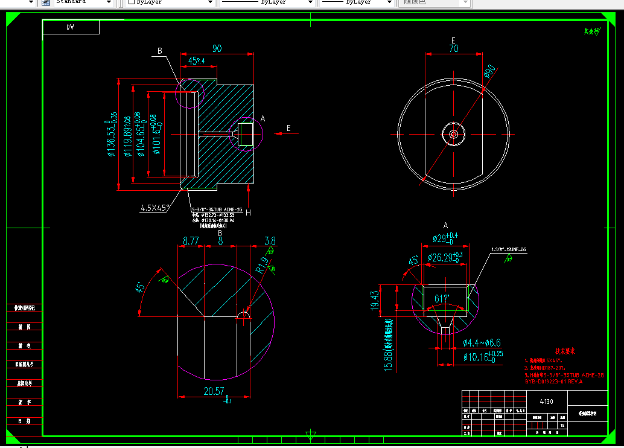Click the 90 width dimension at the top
tap(217, 48)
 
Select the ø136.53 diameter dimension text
tap(111, 134)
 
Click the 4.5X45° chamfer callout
tap(155, 208)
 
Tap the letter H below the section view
tap(248, 212)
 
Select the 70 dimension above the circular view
tap(453, 49)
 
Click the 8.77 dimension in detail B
tap(191, 241)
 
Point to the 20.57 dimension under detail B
tap(214, 391)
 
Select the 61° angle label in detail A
tap(441, 298)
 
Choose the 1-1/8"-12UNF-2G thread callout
tap(509, 249)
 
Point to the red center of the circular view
tap(453, 133)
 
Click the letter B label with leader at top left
tap(160, 51)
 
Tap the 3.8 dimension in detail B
tap(270, 241)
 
